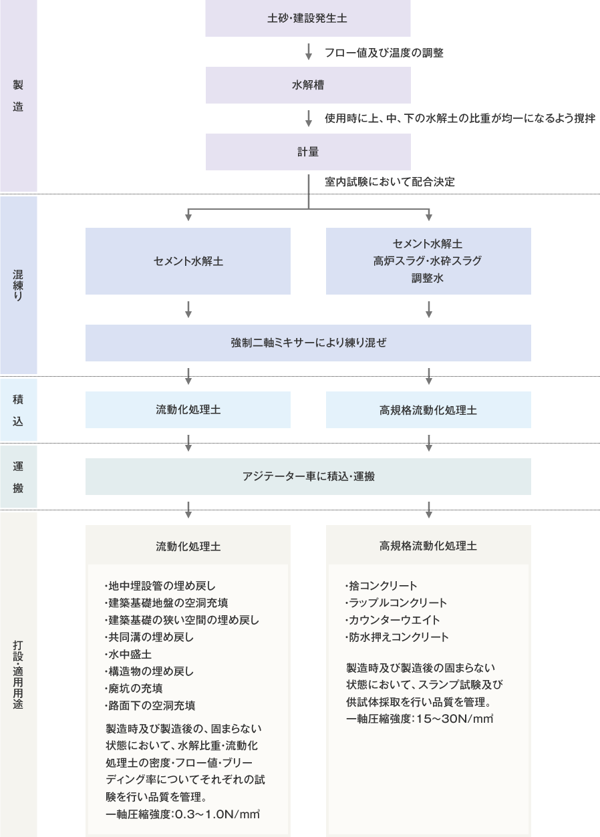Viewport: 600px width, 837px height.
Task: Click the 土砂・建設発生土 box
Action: coord(307,18)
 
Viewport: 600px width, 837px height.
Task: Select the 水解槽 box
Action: coord(308,86)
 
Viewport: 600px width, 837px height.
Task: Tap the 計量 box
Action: coord(308,152)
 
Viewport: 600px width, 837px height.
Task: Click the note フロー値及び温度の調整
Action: coord(384,53)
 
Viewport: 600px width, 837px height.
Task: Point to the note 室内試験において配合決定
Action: coord(390,182)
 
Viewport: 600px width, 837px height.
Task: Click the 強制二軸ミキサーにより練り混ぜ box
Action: coord(308,343)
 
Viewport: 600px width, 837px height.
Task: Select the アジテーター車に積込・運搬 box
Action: coord(308,477)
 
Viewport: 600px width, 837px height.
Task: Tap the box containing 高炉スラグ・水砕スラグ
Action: coord(428,261)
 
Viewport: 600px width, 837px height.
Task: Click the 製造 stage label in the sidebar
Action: coord(18,96)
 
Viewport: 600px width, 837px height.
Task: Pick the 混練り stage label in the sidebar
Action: coord(18,285)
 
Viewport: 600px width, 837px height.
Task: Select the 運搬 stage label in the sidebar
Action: coord(18,477)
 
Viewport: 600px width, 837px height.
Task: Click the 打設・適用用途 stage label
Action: coord(18,675)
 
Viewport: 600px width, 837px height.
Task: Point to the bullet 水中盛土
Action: coord(128,654)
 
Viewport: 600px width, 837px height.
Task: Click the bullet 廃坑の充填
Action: coord(134,688)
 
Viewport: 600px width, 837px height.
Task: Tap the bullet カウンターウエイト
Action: coord(392,620)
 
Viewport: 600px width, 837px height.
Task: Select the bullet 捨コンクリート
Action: coord(381,586)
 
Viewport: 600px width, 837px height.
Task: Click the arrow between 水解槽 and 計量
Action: coord(309,118)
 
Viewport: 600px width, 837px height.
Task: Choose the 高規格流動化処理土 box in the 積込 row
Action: coord(428,410)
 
